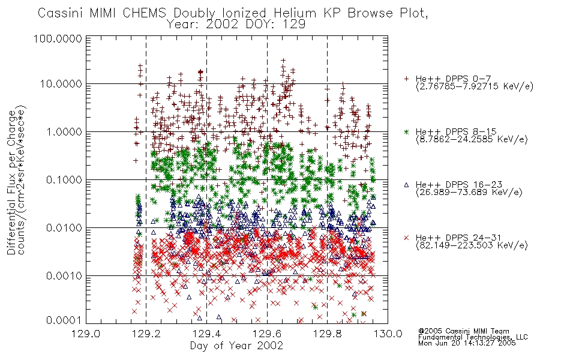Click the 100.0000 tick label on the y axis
tap(58, 38)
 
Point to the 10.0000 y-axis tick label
tap(61, 84)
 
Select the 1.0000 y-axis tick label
tap(64, 132)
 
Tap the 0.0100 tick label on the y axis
tap(64, 228)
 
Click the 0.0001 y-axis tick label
tap(64, 320)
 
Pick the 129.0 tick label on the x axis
tap(86, 334)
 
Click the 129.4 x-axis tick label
tap(206, 334)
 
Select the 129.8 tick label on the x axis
tap(327, 334)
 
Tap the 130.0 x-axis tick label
tap(388, 334)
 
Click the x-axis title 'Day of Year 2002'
tap(236, 346)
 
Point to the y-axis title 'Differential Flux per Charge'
tap(11, 182)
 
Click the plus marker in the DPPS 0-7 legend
tap(406, 79)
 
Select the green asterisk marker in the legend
tap(406, 131)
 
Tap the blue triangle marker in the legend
tap(406, 185)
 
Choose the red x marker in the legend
tap(406, 238)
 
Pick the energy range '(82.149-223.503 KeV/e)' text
tap(472, 245)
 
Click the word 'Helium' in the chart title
tap(295, 13)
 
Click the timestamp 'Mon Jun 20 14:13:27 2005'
tap(467, 343)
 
